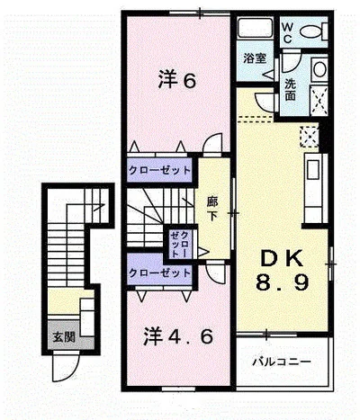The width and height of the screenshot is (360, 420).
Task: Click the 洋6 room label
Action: (177, 80)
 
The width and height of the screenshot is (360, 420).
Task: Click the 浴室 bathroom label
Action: (254, 58)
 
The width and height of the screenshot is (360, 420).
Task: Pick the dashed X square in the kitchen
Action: (309, 137)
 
